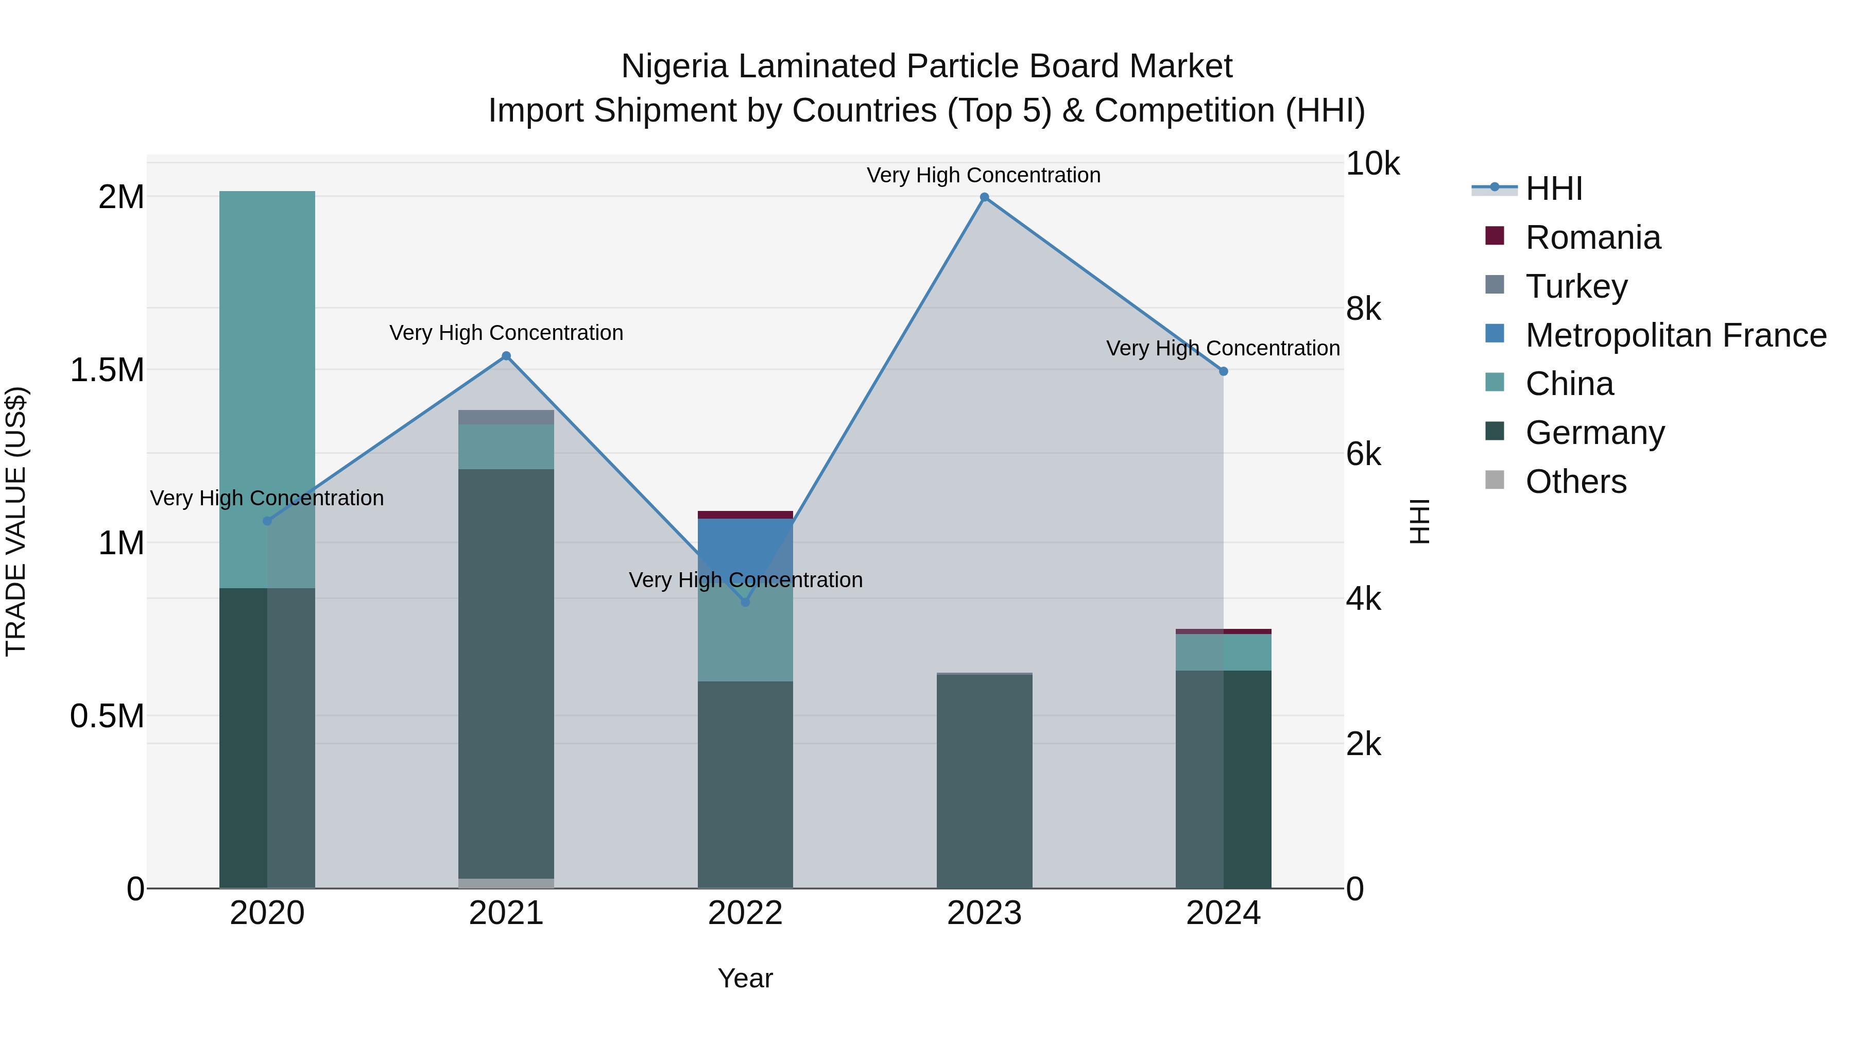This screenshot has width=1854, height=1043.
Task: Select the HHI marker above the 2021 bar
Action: coord(506,355)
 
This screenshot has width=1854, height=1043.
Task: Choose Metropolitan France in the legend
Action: coord(1675,335)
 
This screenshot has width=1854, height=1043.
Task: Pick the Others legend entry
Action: coord(1575,482)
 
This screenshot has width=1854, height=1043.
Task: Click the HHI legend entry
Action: coord(1553,189)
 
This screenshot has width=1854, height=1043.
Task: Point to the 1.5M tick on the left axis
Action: coord(107,370)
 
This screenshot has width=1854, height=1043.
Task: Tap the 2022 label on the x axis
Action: coord(745,913)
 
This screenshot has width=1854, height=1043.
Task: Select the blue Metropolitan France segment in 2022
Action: coord(745,547)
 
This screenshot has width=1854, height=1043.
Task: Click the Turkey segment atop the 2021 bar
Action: coord(506,417)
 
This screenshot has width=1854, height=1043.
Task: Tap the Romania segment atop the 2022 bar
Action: coord(745,515)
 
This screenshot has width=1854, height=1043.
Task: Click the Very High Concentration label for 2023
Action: coord(983,175)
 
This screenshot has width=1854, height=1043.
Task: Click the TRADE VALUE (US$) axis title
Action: coord(16,521)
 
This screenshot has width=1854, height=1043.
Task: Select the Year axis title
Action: coord(745,978)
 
